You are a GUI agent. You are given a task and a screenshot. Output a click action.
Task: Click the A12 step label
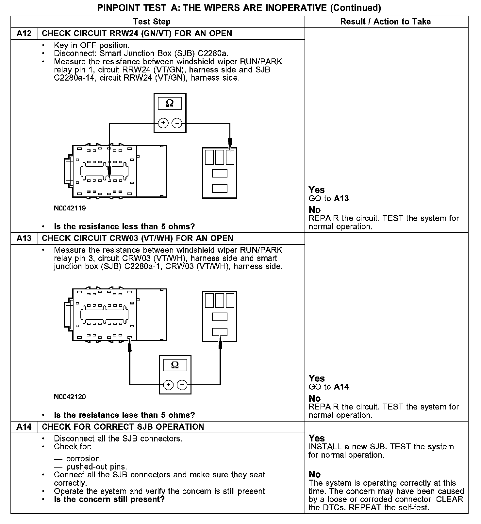[x=24, y=34]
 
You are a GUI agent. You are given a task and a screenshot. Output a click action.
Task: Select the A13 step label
[x=24, y=238]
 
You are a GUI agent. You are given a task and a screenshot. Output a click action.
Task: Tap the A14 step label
[x=24, y=427]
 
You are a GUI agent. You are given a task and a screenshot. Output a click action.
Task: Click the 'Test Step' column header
[x=152, y=22]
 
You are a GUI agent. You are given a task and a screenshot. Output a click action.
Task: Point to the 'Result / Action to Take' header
[x=386, y=22]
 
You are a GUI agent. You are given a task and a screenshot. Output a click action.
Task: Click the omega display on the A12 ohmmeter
[x=170, y=103]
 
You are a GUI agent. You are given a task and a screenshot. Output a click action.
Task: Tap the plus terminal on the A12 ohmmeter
[x=163, y=123]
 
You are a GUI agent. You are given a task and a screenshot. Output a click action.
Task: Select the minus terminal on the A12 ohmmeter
[x=177, y=123]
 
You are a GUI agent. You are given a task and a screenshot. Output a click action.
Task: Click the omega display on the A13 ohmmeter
[x=175, y=365]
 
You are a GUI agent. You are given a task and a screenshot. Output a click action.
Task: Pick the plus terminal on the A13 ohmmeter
[x=168, y=385]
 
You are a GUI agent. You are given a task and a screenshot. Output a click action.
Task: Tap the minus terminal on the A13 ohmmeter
[x=182, y=385]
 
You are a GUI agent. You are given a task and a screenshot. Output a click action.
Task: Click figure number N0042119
[x=70, y=208]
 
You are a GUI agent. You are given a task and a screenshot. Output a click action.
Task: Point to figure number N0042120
[x=70, y=397]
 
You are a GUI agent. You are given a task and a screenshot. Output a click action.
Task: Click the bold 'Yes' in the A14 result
[x=317, y=438]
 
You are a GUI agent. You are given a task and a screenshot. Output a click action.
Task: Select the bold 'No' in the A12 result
[x=315, y=210]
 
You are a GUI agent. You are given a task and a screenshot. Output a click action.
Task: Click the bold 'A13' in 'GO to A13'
[x=341, y=198]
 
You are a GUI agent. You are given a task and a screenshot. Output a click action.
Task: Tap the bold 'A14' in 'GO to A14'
[x=341, y=387]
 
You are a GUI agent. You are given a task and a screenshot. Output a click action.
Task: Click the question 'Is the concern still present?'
[x=109, y=500]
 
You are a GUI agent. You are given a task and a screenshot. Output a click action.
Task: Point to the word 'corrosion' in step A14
[x=84, y=459]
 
